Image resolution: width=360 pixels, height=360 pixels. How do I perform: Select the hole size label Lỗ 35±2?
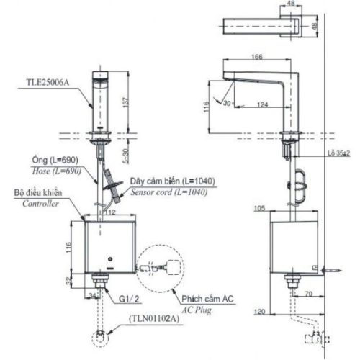338,153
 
